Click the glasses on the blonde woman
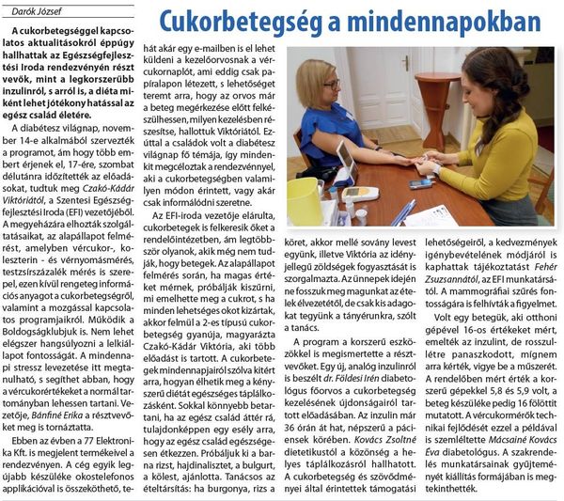pyautogui.click(x=330, y=85)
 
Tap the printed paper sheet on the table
pyautogui.click(x=433, y=217)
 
